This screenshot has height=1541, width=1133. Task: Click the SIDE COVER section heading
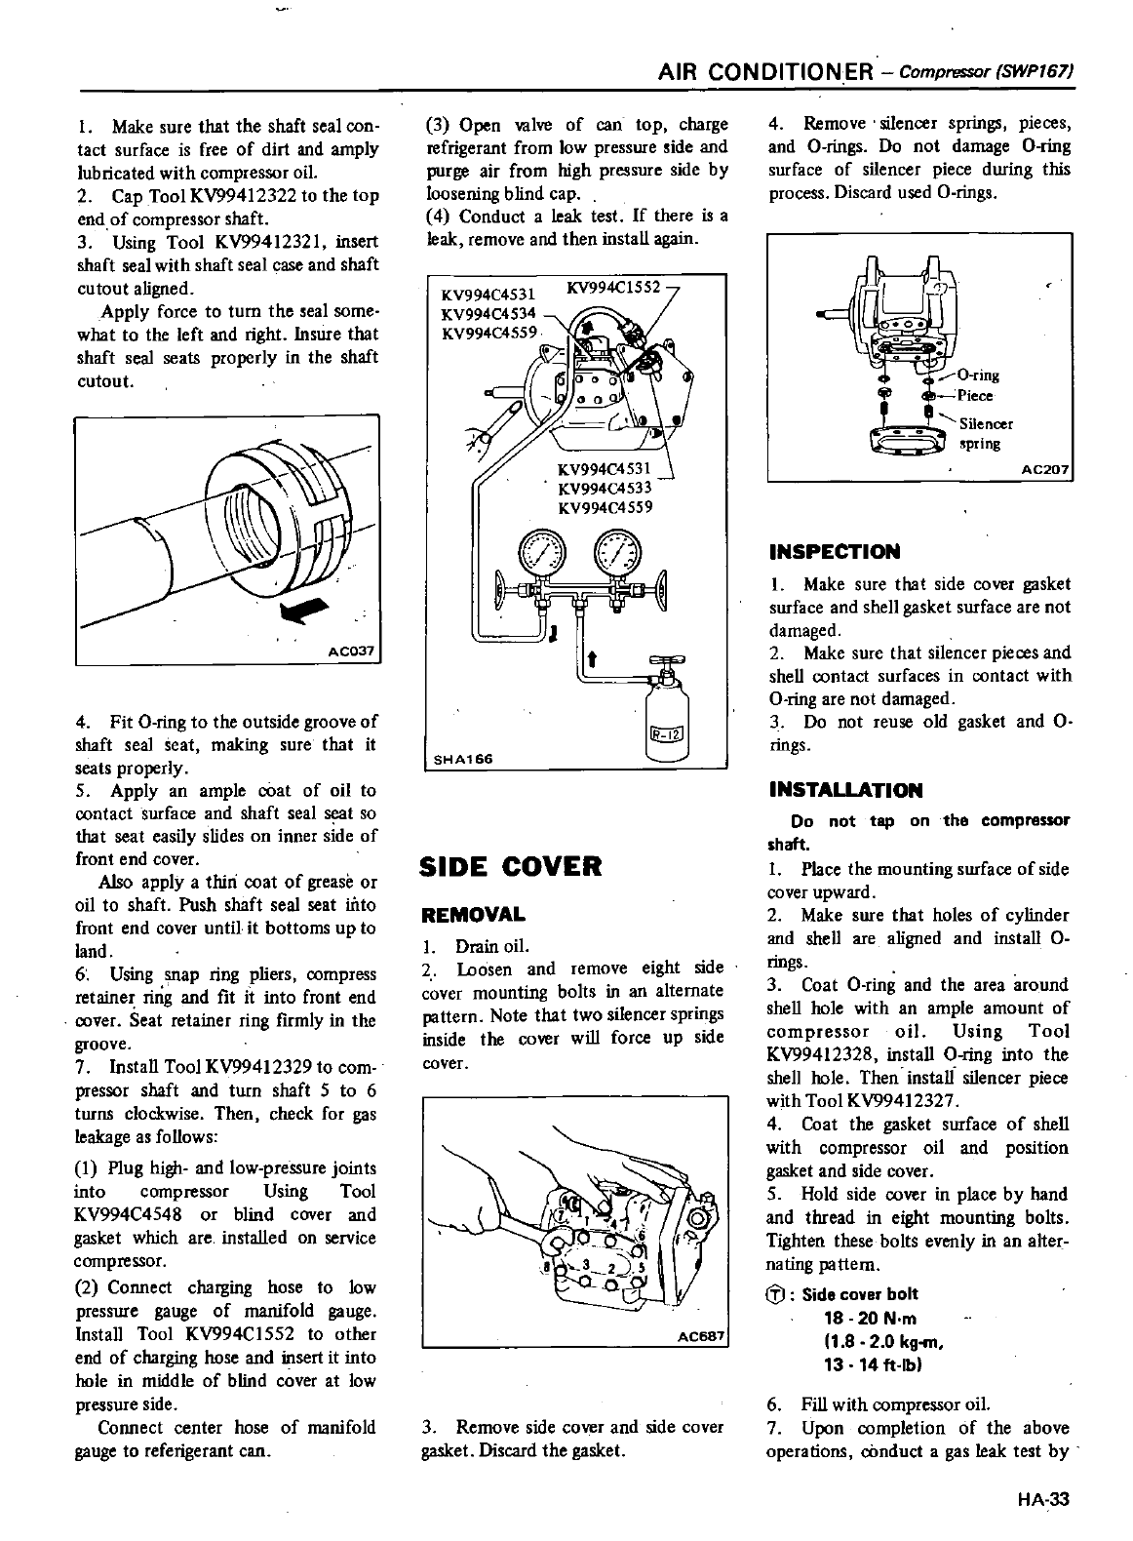click(509, 866)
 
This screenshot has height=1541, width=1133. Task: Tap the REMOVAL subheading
click(472, 915)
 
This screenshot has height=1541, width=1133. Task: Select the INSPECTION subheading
click(834, 552)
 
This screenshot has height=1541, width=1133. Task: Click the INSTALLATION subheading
click(844, 790)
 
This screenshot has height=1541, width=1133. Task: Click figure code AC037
click(353, 651)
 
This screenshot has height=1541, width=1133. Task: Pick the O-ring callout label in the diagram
click(978, 375)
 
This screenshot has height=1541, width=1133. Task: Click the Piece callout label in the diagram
click(975, 396)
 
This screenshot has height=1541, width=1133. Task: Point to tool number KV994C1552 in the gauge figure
click(614, 288)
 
